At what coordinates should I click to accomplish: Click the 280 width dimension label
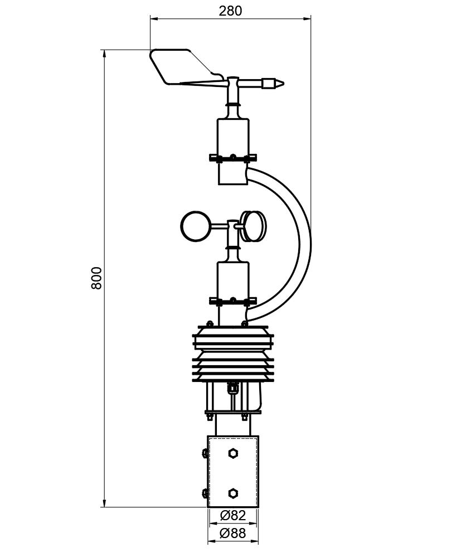[231, 11]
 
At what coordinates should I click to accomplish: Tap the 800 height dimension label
[96, 278]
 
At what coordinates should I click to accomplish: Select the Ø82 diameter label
[232, 516]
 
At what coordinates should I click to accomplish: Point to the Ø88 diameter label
[232, 534]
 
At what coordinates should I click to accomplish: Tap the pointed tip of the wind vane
[283, 84]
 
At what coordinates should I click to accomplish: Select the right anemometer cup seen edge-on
[254, 226]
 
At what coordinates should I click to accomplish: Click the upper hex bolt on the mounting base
[232, 453]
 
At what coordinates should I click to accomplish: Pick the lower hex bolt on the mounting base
[232, 493]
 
